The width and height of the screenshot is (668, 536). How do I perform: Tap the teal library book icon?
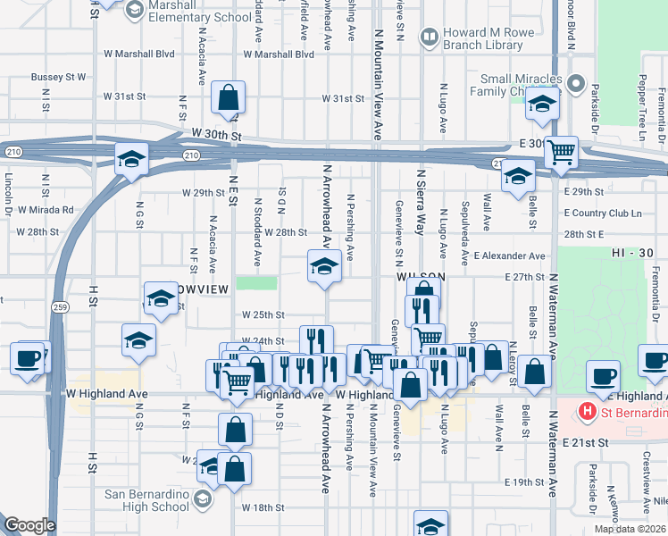point(430,37)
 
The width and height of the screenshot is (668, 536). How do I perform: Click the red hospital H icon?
point(587,411)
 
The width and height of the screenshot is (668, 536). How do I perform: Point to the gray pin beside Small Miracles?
point(576,88)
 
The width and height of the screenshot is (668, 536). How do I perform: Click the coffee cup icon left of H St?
point(27,359)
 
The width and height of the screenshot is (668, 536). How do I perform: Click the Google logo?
point(29,525)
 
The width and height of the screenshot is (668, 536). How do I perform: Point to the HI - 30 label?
point(634,254)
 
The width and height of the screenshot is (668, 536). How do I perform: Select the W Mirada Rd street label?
point(43,210)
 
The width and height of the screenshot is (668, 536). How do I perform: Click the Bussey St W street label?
point(58,77)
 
